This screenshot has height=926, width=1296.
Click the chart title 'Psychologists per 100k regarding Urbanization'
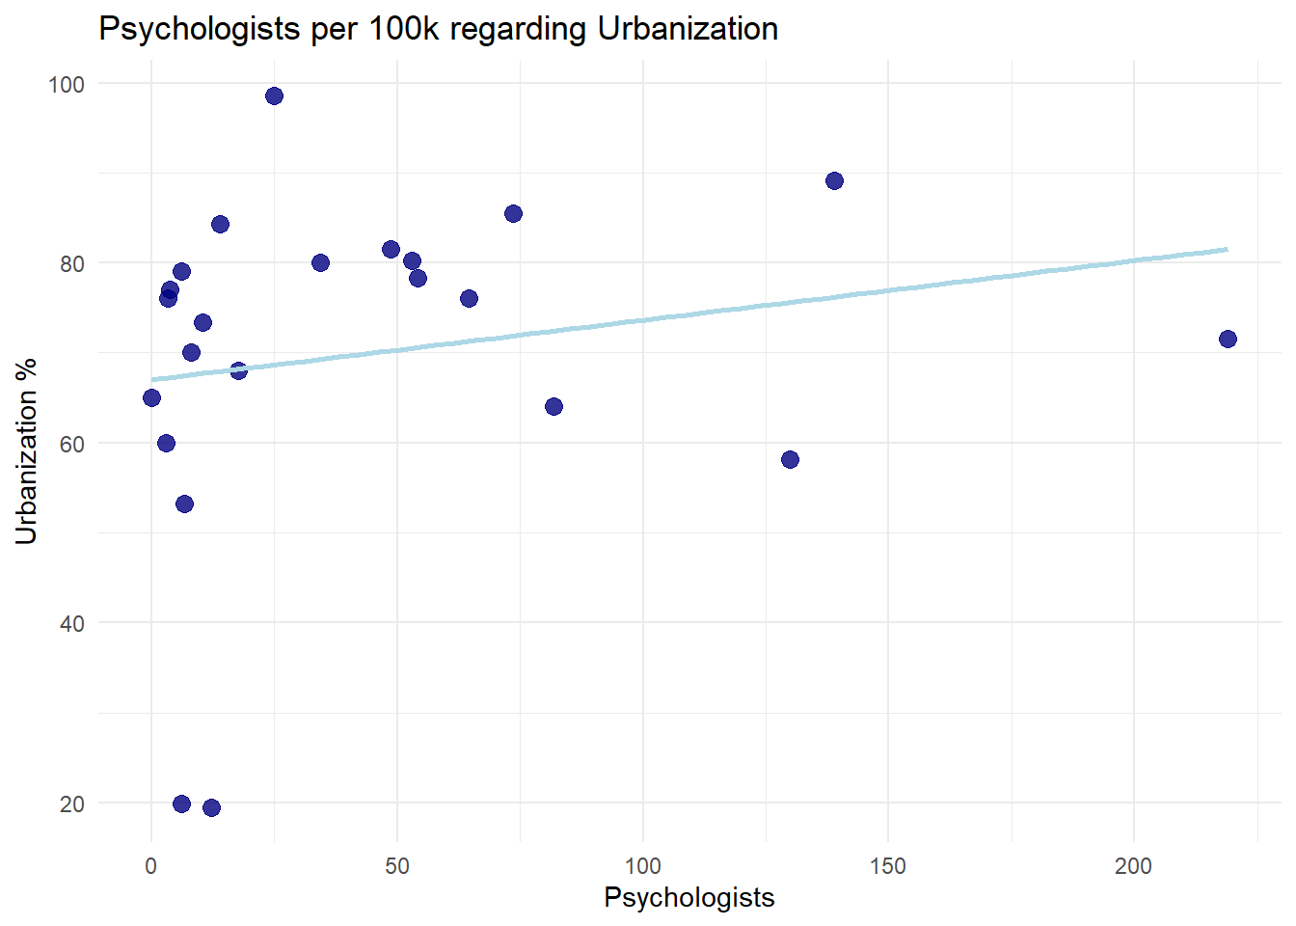point(438,29)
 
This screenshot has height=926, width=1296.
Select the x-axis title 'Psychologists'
point(688,897)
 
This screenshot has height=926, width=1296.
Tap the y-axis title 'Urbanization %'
point(26,450)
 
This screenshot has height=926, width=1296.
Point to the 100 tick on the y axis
point(67,84)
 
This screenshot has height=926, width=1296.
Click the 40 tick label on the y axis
point(72,623)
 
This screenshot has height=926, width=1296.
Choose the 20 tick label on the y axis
point(72,803)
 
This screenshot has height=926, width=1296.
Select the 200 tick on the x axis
point(1133,866)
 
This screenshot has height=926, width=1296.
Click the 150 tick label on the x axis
point(887,866)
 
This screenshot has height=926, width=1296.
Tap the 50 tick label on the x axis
point(396,866)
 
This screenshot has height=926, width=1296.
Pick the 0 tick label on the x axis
point(151,866)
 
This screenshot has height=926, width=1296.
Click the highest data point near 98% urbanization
point(274,95)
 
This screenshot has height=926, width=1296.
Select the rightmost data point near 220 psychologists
point(1228,339)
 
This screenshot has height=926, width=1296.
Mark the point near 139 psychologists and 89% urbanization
point(834,180)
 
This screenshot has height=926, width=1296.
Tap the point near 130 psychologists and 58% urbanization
point(790,459)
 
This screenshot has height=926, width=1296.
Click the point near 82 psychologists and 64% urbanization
point(553,406)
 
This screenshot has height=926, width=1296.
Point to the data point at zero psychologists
point(151,397)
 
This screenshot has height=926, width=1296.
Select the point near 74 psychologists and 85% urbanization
point(513,213)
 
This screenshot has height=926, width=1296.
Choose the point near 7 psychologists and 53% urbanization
point(184,504)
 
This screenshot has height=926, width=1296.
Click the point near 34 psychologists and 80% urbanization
point(320,262)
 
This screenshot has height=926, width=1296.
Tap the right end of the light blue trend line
point(1227,249)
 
